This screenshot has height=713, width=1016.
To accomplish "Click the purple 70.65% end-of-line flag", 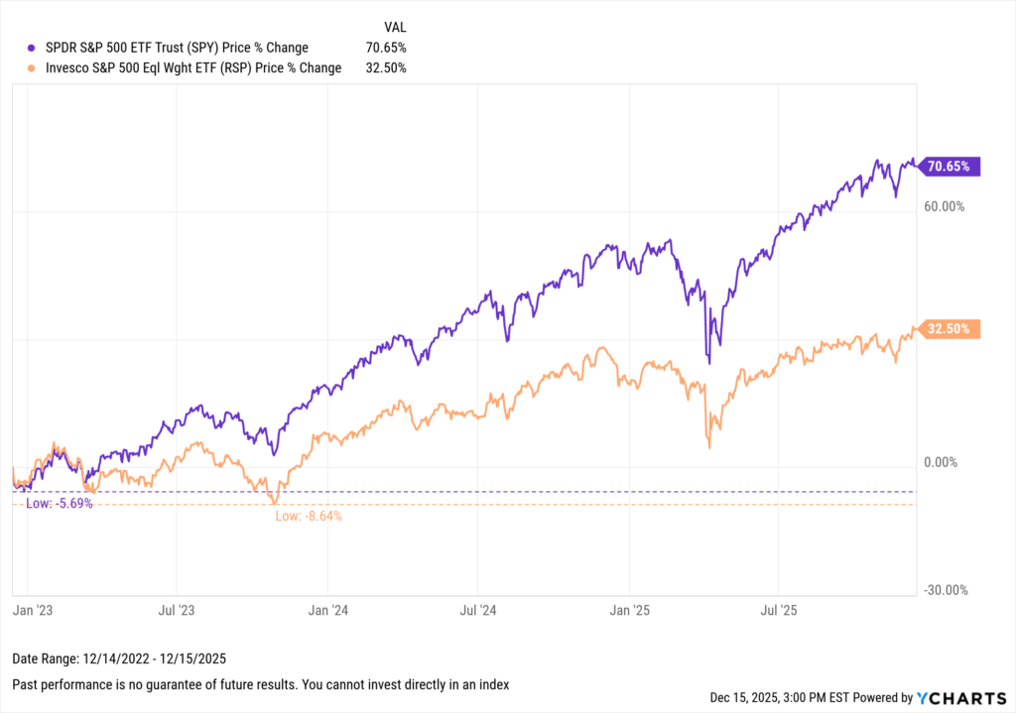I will click(951, 167).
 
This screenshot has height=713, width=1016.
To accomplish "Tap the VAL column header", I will click(394, 26).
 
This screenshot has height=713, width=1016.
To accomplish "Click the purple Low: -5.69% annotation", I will click(60, 503).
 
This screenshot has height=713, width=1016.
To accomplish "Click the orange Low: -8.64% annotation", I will click(309, 516).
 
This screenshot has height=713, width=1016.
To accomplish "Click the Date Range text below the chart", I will click(111, 660).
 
